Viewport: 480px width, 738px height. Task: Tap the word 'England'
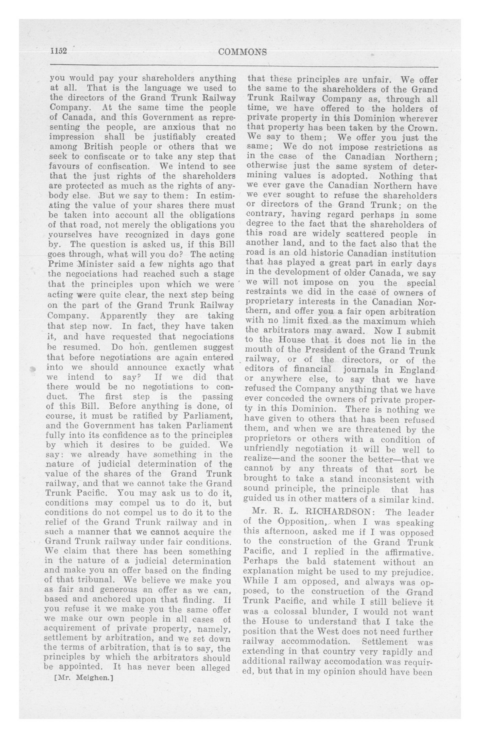point(416,370)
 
